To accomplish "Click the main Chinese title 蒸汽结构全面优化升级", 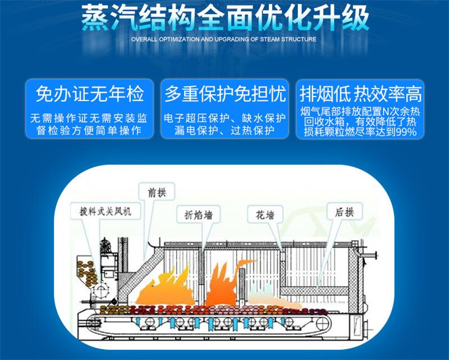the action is pyautogui.click(x=225, y=18).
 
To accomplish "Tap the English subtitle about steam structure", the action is pyautogui.click(x=223, y=39).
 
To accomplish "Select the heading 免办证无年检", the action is pyautogui.click(x=90, y=94).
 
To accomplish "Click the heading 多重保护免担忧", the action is pyautogui.click(x=225, y=94).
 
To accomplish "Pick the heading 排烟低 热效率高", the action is pyautogui.click(x=360, y=94).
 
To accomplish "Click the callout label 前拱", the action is pyautogui.click(x=157, y=192).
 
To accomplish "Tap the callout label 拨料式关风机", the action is pyautogui.click(x=106, y=211).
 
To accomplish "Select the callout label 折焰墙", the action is pyautogui.click(x=199, y=215).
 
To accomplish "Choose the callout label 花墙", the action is pyautogui.click(x=265, y=215).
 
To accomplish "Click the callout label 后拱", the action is pyautogui.click(x=345, y=213).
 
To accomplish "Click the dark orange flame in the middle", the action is pyautogui.click(x=226, y=283).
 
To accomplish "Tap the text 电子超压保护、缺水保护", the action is pyautogui.click(x=225, y=118).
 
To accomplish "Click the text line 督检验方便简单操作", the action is pyautogui.click(x=90, y=131).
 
